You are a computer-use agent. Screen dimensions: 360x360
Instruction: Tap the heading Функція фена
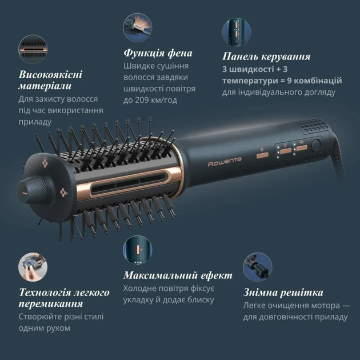(158, 53)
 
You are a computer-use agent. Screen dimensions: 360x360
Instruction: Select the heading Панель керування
(266, 57)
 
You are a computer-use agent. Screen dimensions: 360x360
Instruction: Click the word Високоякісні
(51, 75)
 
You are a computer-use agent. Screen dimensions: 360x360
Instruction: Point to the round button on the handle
(316, 145)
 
